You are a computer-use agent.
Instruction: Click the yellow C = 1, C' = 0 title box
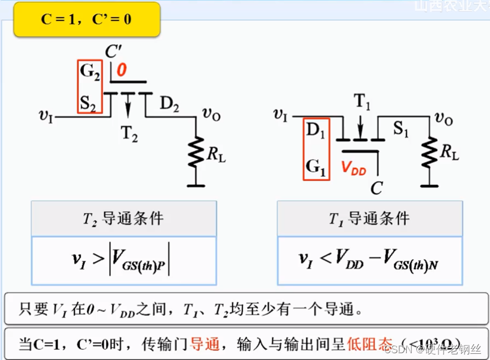(87, 19)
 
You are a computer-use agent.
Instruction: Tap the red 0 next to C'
(122, 71)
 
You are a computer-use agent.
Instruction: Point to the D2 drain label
(170, 104)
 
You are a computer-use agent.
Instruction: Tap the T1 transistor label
(363, 102)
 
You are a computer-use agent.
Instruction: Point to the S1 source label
(401, 130)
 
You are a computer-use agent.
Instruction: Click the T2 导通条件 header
(123, 219)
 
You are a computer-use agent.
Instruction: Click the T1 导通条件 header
(369, 219)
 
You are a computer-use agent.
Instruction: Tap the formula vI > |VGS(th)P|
(123, 260)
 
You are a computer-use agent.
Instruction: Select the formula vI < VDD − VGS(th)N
(369, 260)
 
